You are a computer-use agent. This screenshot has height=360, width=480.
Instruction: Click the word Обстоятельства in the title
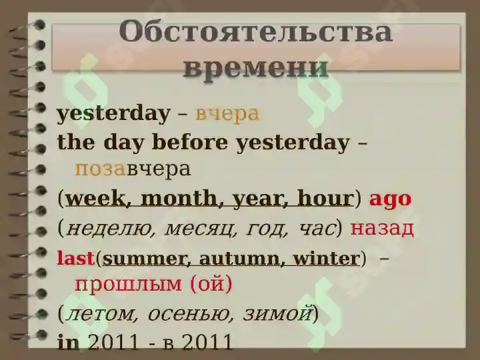[255, 32]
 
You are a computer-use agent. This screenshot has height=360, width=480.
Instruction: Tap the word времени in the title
[256, 68]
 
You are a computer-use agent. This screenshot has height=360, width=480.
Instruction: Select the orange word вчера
[227, 114]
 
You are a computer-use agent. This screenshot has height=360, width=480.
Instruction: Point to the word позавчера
[133, 169]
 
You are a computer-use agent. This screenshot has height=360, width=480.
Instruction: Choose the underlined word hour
[325, 199]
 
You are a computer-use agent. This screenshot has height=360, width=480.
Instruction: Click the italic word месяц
[201, 229]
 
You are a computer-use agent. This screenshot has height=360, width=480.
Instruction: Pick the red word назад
[382, 229]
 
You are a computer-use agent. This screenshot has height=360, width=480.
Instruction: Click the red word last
[75, 258]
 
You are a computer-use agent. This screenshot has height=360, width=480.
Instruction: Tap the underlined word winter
[326, 259]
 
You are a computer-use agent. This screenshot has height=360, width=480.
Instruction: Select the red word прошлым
[128, 285]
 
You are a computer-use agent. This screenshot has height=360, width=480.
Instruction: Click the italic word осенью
[190, 314]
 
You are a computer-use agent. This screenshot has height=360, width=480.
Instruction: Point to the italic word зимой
[278, 313]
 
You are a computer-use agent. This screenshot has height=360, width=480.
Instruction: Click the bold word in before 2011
[68, 342]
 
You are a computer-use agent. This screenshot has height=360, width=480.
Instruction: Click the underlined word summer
[144, 259]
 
